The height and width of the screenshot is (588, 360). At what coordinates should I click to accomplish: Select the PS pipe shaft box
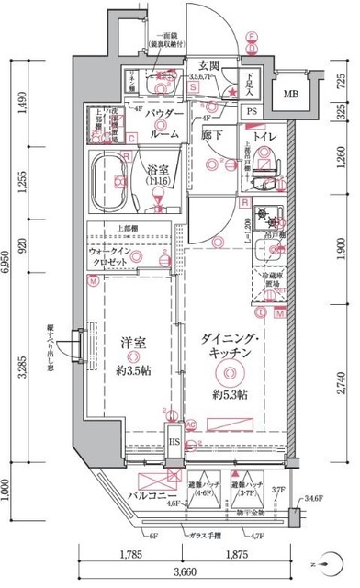pyautogui.click(x=251, y=111)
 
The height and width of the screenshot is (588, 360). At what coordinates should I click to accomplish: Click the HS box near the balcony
pyautogui.click(x=173, y=444)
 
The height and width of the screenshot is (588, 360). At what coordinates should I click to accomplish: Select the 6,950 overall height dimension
pyautogui.click(x=7, y=262)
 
